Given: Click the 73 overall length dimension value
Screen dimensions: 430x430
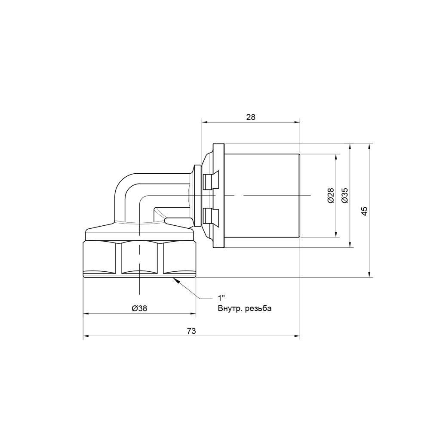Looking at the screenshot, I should coord(191,331).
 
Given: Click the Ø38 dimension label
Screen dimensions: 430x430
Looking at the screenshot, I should coord(140,308).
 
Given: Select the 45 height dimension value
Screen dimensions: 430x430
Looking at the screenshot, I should coord(364,211).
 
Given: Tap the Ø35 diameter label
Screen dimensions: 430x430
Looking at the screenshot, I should coord(344,195).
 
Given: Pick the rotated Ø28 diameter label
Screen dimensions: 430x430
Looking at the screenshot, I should coord(331,195).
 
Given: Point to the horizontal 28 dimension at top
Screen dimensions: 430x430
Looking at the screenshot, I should coord(251,117).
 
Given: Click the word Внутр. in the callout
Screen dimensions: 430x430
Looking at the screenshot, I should coord(229,308).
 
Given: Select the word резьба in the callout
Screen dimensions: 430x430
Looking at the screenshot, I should coord(258,308).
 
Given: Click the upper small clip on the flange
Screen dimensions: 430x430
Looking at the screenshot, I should coord(209,180).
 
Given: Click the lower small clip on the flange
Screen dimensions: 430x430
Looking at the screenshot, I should coord(209,216).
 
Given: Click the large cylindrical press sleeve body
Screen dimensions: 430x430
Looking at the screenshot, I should coord(262,196).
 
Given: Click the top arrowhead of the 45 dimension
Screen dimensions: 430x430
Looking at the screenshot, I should coord(369,147).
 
